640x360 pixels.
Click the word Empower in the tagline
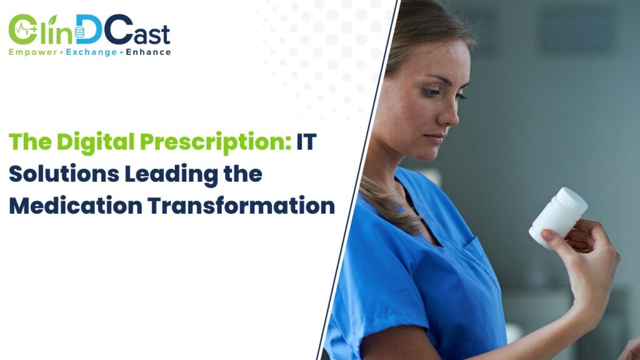pos(30,52)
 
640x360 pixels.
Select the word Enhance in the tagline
pos(147,52)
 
